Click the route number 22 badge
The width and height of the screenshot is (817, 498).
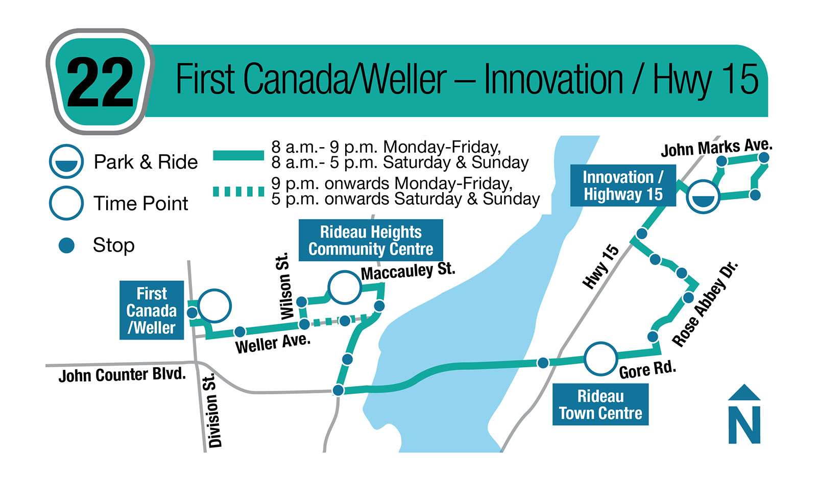(x=100, y=82)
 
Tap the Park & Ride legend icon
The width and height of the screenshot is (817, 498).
(x=66, y=161)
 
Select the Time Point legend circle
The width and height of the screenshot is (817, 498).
(x=66, y=203)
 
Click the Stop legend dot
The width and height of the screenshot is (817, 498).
(x=66, y=246)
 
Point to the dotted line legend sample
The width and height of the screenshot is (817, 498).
(x=238, y=192)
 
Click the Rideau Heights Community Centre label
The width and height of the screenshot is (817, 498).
(x=371, y=241)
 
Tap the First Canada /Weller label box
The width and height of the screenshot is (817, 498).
(x=152, y=310)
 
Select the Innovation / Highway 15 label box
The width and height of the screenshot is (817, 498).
(x=623, y=185)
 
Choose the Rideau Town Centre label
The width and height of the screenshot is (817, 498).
(x=600, y=405)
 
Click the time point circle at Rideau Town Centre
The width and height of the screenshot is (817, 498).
(x=600, y=359)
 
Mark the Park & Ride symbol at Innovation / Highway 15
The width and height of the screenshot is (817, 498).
(x=703, y=197)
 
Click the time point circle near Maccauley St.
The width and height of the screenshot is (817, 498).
(x=345, y=287)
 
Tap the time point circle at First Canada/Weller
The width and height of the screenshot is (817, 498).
(x=214, y=306)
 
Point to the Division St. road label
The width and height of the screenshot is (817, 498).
(x=212, y=411)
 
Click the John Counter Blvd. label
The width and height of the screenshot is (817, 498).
(x=122, y=375)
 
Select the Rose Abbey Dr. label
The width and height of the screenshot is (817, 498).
(x=705, y=304)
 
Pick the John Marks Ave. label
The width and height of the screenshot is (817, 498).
(x=716, y=148)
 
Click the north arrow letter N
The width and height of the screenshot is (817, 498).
(x=744, y=424)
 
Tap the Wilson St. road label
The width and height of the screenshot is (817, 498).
(x=285, y=286)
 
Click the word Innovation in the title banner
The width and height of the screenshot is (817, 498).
(x=554, y=80)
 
